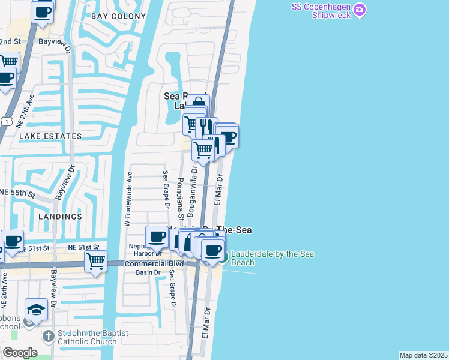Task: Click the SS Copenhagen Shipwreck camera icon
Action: click(360, 10)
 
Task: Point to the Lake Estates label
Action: click(50, 136)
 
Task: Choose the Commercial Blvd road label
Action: click(153, 263)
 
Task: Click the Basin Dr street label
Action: click(148, 272)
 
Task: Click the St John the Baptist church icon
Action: click(49, 335)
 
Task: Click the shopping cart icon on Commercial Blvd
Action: click(95, 262)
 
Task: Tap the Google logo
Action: click(20, 353)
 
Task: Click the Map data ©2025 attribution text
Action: click(423, 355)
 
